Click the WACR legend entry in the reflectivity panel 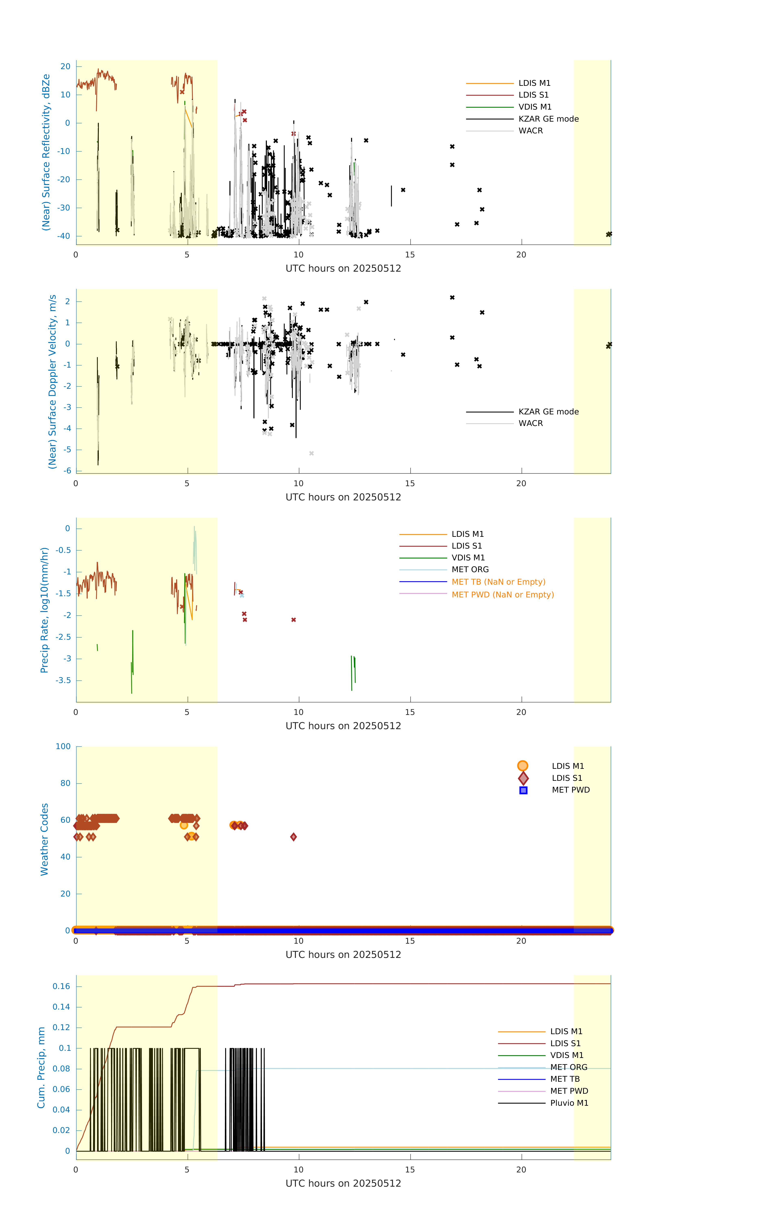530,131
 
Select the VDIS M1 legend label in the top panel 535,107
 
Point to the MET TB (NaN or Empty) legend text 498,582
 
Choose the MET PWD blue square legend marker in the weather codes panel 523,790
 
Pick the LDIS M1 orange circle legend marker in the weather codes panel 523,766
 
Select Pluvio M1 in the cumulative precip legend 569,1103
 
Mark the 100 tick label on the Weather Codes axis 63,746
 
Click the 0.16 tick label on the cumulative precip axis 61,986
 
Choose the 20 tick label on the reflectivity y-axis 65,66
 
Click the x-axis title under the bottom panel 343,1183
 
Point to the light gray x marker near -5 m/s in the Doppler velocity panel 311,453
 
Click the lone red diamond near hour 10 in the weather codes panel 294,837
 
